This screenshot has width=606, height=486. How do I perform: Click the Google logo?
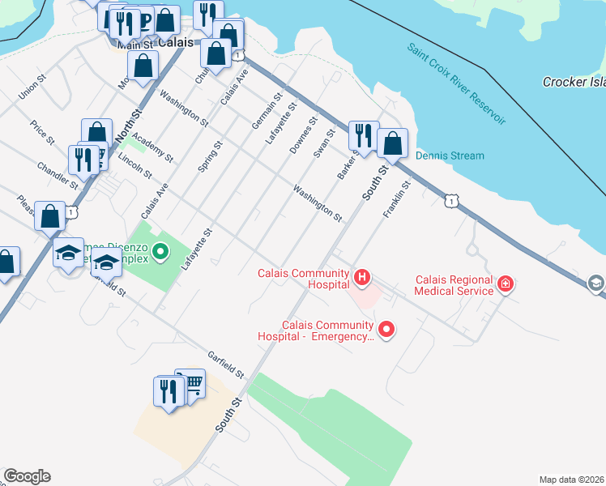tap(27, 476)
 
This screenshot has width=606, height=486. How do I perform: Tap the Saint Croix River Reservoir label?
tap(457, 84)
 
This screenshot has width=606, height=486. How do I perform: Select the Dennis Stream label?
tap(450, 156)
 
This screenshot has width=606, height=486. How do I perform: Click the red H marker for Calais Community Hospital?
tap(362, 279)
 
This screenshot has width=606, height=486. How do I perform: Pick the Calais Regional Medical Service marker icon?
tap(506, 283)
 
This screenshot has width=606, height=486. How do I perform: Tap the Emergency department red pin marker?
tap(386, 329)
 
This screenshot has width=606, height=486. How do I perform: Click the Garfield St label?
tap(225, 364)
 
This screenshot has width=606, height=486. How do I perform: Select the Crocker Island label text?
tap(574, 82)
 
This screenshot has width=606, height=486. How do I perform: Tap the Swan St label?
tap(324, 145)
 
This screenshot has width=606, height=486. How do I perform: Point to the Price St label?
tap(42, 133)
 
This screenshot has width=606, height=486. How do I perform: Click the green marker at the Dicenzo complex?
tap(160, 252)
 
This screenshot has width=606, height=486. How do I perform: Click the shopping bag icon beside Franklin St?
tap(392, 143)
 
